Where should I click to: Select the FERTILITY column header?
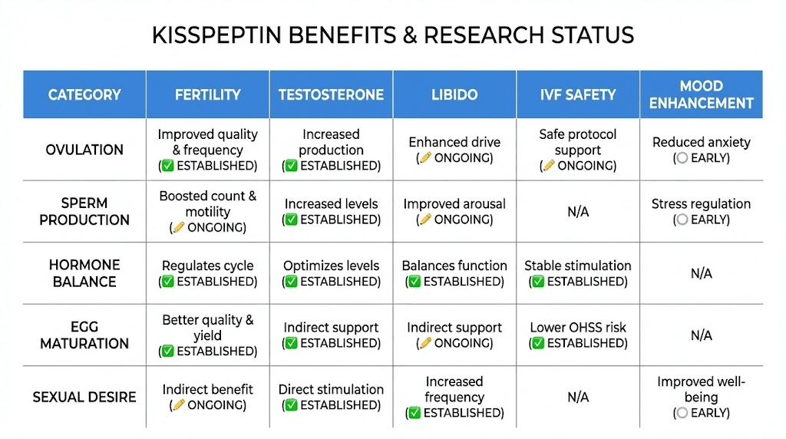207,95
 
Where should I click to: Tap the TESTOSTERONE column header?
331,95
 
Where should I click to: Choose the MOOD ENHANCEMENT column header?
701,94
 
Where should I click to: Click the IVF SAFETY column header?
578,95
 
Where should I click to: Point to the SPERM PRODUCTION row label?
84,212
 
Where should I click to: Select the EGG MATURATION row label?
84,335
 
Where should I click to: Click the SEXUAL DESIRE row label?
84,397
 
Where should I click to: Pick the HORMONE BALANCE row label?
84,273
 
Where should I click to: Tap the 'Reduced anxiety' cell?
701,150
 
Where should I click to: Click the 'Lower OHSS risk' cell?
578,335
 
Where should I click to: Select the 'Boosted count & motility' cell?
207,211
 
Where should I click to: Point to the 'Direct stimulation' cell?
331,397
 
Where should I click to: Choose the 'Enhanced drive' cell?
454,150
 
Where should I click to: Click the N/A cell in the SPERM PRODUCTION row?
578,212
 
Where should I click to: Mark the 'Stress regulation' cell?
701,211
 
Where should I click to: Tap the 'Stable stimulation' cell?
578,273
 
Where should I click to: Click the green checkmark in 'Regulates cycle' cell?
168,282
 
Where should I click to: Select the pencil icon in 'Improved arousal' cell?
424,220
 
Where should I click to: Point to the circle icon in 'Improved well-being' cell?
680,414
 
